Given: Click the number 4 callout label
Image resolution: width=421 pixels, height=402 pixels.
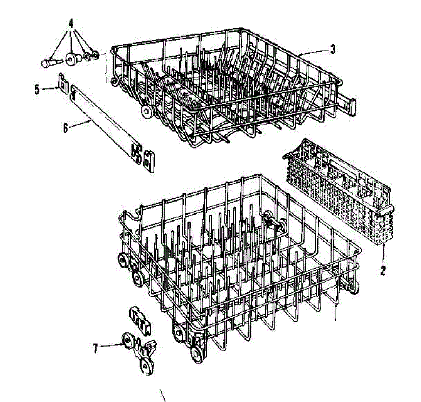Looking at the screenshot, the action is pos(71,24).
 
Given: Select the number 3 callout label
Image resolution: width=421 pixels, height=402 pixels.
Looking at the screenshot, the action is pos(333,49).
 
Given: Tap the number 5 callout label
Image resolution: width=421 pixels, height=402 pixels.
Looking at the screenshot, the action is pos(37,89).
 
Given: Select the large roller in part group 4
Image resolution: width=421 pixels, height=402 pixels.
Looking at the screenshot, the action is pos(71,59).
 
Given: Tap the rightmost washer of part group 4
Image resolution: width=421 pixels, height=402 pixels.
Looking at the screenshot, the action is pos(95,54).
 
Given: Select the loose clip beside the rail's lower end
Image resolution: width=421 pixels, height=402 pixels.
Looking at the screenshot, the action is pos(149,161).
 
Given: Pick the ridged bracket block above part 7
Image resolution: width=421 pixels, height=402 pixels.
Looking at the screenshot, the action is pos(140,319).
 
